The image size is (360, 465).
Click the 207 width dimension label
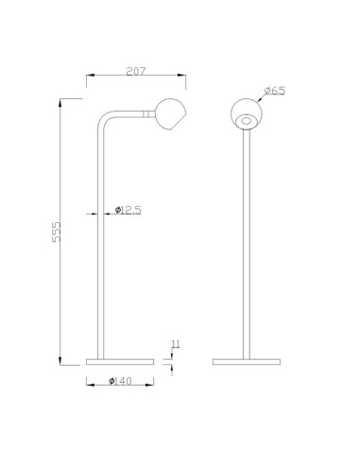(136, 71)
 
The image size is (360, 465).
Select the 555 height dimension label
(57, 232)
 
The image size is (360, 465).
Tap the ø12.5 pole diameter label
(129, 210)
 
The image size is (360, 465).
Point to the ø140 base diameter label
(120, 381)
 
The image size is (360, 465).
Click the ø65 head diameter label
(275, 91)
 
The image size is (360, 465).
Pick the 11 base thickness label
(176, 344)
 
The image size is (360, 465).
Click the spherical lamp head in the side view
(170, 114)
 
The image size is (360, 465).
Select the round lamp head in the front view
(246, 114)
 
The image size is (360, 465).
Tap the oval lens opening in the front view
(246, 121)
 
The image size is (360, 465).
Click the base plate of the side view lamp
(120, 362)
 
